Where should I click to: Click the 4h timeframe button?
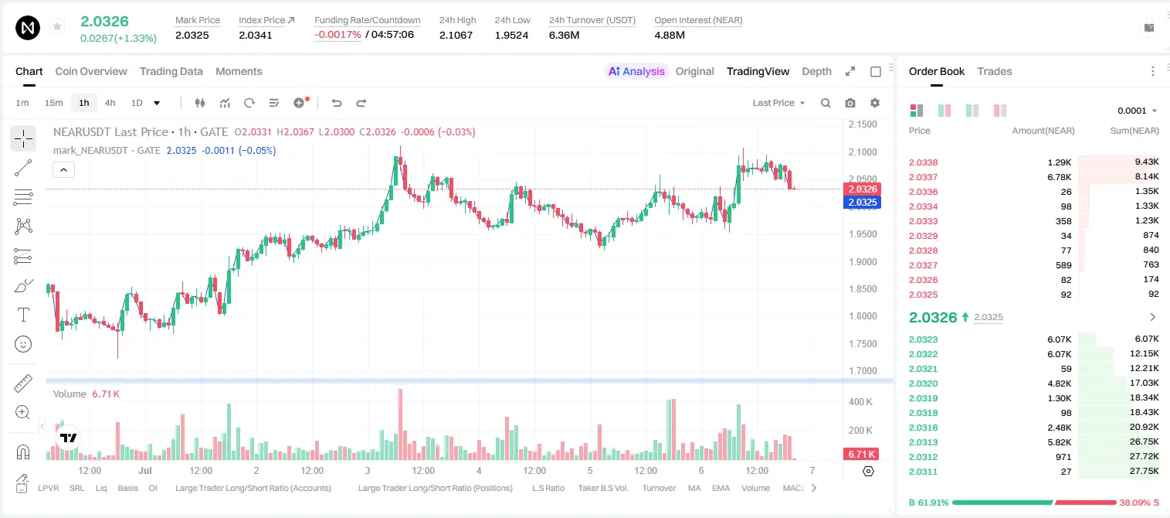(x=110, y=103)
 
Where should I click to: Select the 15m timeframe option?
(x=53, y=103)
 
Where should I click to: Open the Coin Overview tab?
(x=91, y=71)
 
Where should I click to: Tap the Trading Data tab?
(x=171, y=71)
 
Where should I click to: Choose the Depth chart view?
(x=816, y=71)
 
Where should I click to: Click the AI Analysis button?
(x=636, y=71)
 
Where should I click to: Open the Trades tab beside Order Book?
(x=994, y=71)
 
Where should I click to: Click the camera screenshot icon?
(x=850, y=103)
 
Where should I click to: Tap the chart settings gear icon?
(x=875, y=103)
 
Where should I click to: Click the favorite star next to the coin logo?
(x=57, y=27)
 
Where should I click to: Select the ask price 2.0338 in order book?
(x=923, y=162)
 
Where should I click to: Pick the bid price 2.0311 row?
(x=923, y=472)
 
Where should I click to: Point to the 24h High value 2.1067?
(x=456, y=35)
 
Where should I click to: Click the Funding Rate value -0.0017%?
(x=337, y=35)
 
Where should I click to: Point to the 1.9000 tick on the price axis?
(x=863, y=261)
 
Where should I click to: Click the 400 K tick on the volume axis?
(x=860, y=402)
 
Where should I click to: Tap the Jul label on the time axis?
(x=144, y=470)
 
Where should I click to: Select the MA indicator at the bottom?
(x=694, y=488)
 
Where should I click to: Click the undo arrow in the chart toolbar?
(x=337, y=103)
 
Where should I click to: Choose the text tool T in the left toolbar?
(x=23, y=315)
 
